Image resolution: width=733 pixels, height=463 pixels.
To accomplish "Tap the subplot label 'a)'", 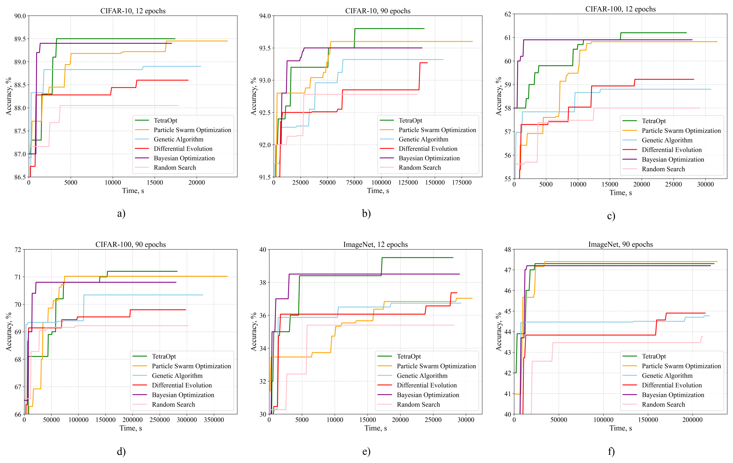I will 121,213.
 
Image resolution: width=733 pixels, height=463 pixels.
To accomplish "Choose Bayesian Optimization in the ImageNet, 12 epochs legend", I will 428,395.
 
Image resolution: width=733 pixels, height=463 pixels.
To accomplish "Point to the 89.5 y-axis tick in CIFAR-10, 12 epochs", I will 20,39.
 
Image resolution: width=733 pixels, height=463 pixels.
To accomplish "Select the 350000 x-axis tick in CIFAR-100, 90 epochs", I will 213,420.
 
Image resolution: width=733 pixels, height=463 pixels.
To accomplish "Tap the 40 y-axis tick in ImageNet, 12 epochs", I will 262,250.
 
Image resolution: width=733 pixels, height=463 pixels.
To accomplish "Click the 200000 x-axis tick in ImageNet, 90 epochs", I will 692,420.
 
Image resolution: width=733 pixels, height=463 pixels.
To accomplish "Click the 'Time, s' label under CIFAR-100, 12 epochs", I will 620,193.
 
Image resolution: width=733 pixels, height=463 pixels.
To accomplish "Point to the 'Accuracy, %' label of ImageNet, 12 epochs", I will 254,332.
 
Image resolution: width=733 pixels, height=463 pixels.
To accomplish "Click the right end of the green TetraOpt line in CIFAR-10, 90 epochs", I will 424,29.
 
